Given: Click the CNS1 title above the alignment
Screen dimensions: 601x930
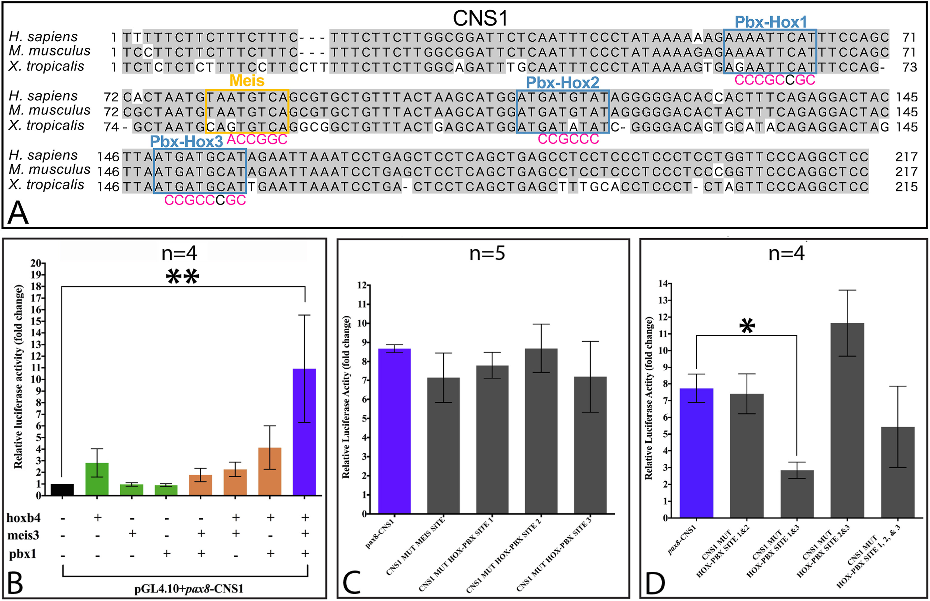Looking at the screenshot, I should tap(480, 18).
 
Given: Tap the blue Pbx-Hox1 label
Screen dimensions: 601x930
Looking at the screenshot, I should tap(770, 22).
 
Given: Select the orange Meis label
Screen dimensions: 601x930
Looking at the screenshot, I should tap(247, 81).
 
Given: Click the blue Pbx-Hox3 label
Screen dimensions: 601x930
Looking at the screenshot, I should tap(186, 142).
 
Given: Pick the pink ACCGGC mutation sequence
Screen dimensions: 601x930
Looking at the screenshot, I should tap(257, 139).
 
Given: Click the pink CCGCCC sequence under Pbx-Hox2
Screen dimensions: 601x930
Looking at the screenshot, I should tap(568, 139).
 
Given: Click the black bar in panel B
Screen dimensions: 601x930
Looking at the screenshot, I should tap(62, 489).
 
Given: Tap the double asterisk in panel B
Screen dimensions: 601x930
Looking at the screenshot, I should tap(182, 277).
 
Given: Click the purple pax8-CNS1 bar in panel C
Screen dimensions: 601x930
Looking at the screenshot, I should tap(394, 431).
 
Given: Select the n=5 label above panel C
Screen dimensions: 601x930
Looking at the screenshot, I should tap(487, 254).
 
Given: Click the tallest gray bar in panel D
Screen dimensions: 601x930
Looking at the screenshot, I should tap(847, 420).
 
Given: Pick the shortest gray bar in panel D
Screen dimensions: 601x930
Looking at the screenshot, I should tap(797, 494).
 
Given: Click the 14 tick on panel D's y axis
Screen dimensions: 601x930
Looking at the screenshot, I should tap(663, 284).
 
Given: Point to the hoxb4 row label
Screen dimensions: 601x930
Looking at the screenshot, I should tap(23, 518).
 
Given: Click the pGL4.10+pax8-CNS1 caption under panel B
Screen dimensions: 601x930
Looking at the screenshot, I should tap(189, 589).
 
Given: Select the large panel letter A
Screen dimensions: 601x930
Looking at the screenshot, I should tap(18, 213).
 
